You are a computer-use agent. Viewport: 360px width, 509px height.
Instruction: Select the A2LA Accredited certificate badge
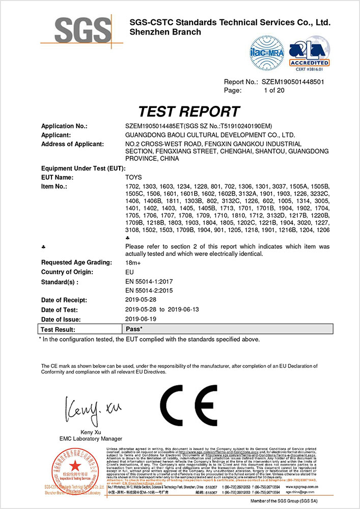[309, 53]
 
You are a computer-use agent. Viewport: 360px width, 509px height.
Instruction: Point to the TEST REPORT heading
[189, 111]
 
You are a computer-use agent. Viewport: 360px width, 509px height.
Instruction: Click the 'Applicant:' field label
[56, 135]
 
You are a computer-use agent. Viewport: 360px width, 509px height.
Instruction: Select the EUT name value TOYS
[133, 177]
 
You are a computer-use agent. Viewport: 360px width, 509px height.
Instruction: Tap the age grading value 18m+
[132, 262]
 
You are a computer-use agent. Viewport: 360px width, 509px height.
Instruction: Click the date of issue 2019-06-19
[142, 319]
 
